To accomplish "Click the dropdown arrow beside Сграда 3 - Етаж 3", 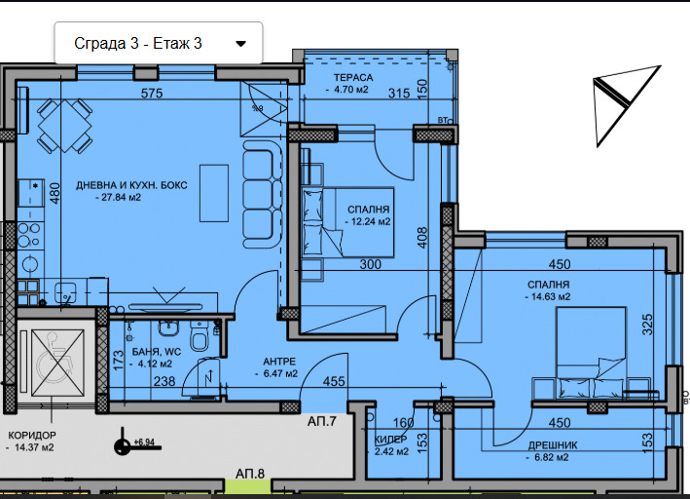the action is [x=240, y=44].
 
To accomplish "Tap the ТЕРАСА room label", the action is [x=353, y=78].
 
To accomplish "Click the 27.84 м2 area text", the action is [x=121, y=198].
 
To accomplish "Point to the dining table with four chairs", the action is [x=64, y=126].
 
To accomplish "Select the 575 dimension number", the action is [x=152, y=93].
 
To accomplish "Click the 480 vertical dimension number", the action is [x=54, y=193].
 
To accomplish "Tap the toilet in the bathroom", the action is [x=200, y=336].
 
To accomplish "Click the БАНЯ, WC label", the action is [x=157, y=352].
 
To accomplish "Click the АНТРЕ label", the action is [x=279, y=362].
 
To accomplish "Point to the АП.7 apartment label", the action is [x=322, y=421].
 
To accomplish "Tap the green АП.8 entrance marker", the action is [x=247, y=486].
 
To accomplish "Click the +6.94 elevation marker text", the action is [x=144, y=441].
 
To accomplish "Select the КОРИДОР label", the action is [x=32, y=436].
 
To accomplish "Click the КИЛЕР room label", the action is [x=391, y=440].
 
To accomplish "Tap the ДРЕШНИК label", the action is [x=553, y=445].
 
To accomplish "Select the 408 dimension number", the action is [x=421, y=237].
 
